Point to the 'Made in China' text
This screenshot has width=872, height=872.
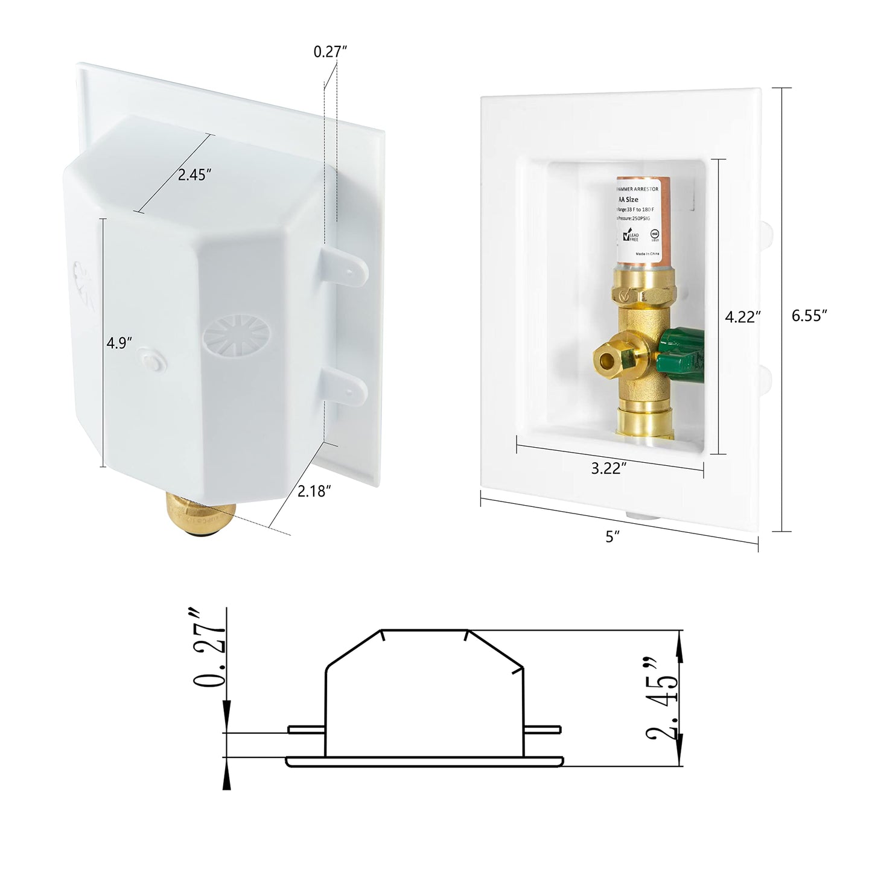(x=648, y=253)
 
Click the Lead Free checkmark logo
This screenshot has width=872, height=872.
(x=630, y=236)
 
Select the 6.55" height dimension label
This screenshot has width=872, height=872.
(x=809, y=315)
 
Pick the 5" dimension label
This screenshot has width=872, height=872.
(x=613, y=536)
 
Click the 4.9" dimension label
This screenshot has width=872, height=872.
(x=119, y=343)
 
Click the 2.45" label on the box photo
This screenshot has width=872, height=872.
(x=194, y=175)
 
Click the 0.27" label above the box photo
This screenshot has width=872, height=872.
(x=330, y=52)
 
